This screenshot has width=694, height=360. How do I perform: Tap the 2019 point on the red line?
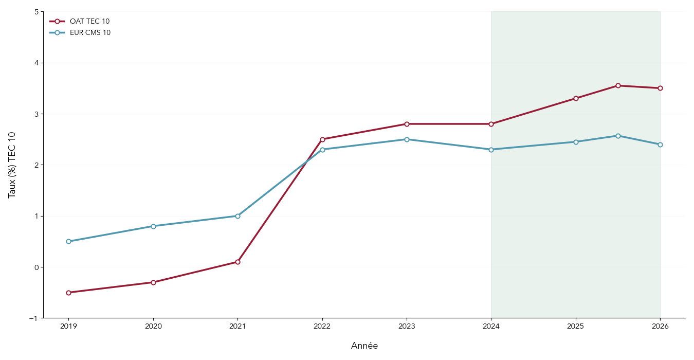click(68, 293)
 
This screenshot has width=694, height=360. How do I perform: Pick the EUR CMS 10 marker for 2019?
click(68, 241)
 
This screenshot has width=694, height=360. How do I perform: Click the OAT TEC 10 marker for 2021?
click(238, 262)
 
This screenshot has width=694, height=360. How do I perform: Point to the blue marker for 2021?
click(238, 216)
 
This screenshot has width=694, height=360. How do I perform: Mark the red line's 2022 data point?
click(322, 139)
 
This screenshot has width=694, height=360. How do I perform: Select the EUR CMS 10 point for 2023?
click(407, 139)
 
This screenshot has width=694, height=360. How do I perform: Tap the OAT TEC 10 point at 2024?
click(491, 124)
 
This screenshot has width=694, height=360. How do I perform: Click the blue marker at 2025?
click(576, 142)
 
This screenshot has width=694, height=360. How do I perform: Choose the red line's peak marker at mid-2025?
click(618, 85)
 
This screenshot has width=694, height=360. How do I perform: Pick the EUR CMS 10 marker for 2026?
click(660, 145)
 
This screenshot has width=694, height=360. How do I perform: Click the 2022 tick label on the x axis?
click(322, 326)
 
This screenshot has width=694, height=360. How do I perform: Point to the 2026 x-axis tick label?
click(660, 326)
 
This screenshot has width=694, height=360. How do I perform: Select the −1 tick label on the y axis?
click(33, 318)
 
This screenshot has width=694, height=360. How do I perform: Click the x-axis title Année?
click(364, 346)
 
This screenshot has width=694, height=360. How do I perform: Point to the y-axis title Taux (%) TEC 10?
click(12, 165)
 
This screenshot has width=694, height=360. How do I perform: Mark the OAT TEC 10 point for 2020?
click(153, 282)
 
